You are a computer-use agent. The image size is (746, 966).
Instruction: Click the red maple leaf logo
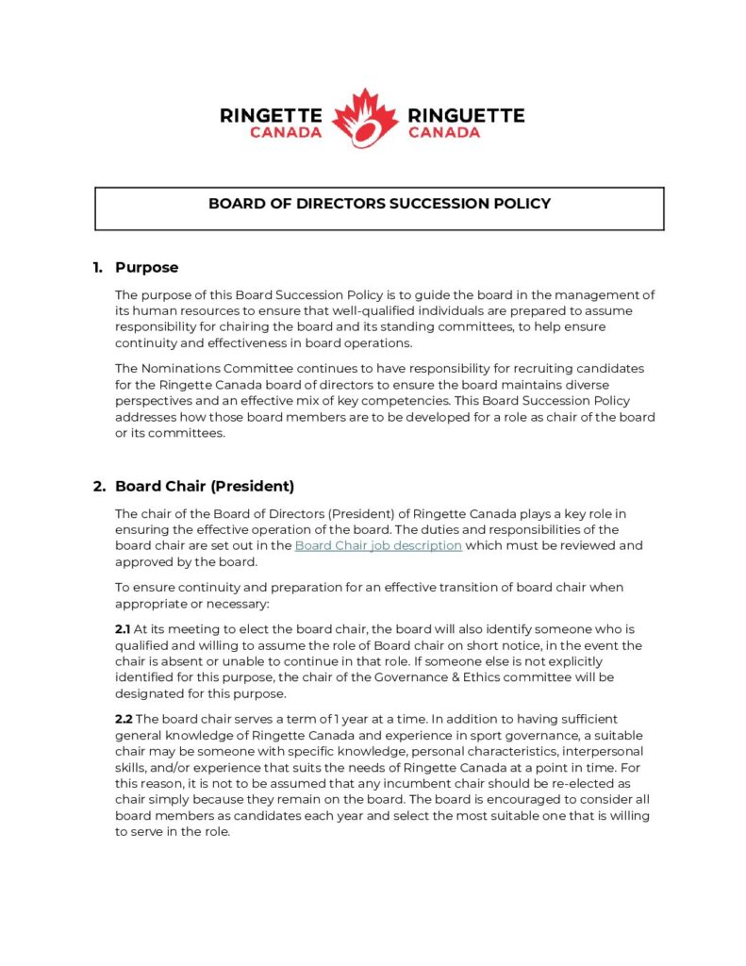click(365, 118)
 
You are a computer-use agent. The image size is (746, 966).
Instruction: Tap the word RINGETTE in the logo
click(271, 115)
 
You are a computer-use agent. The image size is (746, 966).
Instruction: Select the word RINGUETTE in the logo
click(466, 115)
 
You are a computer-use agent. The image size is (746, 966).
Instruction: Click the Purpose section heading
click(146, 267)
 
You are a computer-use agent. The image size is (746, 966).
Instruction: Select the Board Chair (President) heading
click(205, 486)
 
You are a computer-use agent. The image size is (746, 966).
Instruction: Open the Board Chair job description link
click(377, 545)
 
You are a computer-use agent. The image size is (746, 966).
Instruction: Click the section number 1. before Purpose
click(98, 267)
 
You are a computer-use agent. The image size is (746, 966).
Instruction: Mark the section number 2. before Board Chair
click(99, 486)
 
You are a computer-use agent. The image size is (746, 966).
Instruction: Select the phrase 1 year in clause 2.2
click(317, 719)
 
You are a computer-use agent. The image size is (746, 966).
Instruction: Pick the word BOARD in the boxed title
click(233, 203)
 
